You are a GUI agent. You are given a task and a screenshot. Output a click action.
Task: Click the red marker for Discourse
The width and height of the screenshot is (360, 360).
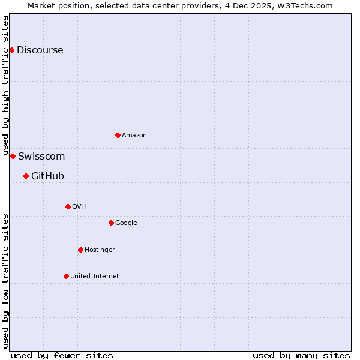(x=11, y=50)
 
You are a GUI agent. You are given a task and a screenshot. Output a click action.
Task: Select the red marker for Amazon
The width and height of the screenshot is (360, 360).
(x=118, y=135)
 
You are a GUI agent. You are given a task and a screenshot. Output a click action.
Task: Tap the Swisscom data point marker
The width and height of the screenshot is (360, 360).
(x=13, y=156)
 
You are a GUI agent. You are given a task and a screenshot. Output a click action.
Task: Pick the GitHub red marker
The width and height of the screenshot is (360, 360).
(x=26, y=176)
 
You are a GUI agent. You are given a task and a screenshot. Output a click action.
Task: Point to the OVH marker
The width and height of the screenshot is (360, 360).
(x=68, y=206)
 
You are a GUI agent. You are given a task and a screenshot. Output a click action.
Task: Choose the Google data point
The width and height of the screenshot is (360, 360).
(x=111, y=223)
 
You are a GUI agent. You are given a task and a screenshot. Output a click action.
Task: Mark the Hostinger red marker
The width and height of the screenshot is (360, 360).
(x=80, y=250)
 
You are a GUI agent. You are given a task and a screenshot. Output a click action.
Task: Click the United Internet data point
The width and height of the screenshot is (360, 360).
(x=66, y=276)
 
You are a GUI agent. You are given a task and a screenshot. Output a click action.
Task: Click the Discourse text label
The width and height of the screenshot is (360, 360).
(x=40, y=50)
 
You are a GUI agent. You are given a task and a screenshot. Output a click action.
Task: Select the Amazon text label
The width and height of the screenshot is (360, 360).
(x=134, y=136)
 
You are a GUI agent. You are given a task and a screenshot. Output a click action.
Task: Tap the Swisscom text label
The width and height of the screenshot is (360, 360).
(x=41, y=157)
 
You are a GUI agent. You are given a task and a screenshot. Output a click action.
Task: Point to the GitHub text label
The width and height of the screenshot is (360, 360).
(x=47, y=176)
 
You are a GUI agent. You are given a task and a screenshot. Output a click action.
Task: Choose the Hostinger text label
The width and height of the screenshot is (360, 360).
(x=100, y=250)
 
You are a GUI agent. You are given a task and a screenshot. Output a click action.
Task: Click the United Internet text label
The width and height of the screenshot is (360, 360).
(x=95, y=277)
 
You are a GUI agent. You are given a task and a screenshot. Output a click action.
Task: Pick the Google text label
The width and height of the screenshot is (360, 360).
(x=126, y=223)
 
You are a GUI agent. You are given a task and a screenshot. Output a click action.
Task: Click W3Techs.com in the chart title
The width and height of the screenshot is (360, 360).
(x=308, y=5)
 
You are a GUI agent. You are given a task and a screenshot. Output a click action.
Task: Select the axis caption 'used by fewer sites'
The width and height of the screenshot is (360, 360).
(x=62, y=355)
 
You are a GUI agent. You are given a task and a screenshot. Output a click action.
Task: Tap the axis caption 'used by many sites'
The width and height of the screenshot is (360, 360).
(x=301, y=355)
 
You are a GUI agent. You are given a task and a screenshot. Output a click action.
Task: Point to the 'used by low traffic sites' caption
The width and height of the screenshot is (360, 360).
(x=5, y=281)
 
